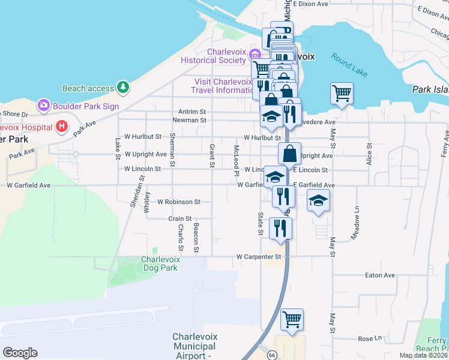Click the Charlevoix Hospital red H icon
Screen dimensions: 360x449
click(x=61, y=126)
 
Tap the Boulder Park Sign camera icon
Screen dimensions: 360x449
click(x=43, y=106)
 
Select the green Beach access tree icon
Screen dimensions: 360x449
click(x=123, y=88)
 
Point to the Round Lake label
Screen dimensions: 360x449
click(x=349, y=64)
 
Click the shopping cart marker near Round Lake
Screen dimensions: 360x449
click(x=342, y=94)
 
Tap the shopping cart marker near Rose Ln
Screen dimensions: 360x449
click(x=292, y=319)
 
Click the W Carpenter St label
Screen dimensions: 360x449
click(x=259, y=257)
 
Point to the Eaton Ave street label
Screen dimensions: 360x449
click(x=380, y=275)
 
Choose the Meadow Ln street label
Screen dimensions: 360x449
click(x=357, y=220)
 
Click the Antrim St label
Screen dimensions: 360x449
click(x=192, y=112)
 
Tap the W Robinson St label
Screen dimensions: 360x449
click(x=178, y=202)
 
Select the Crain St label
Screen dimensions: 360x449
click(x=180, y=218)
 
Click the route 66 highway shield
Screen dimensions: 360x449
click(x=271, y=355)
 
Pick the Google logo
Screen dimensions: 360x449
click(x=20, y=353)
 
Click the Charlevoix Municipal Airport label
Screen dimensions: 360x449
click(x=194, y=346)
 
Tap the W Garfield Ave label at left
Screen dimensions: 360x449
click(x=28, y=185)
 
